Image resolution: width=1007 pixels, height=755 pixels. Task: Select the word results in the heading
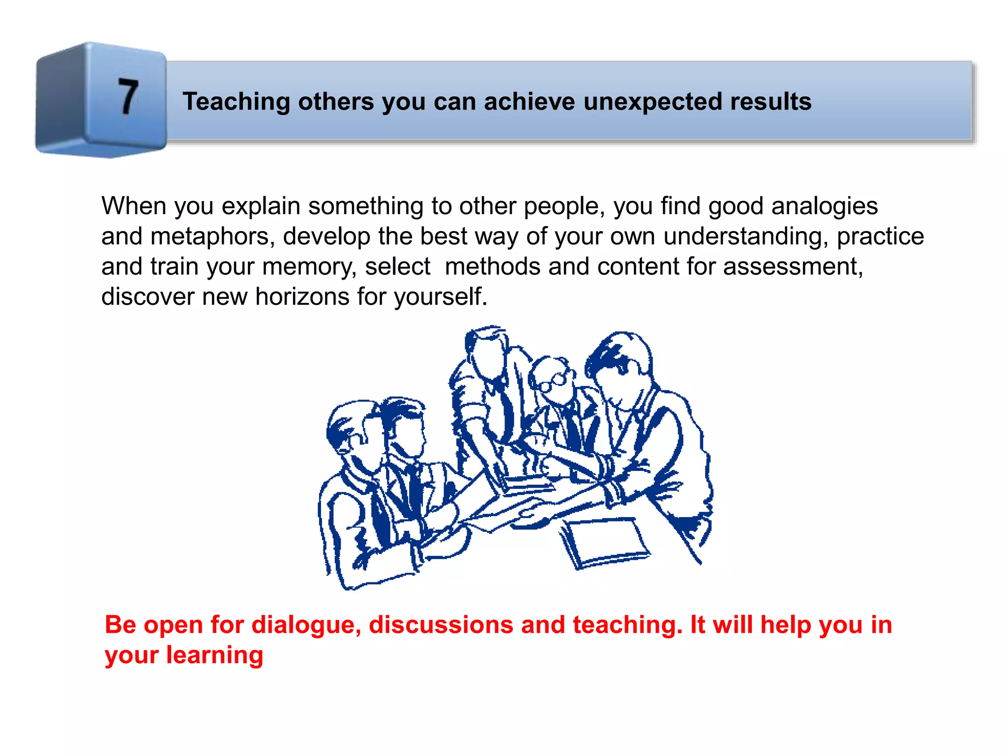click(770, 102)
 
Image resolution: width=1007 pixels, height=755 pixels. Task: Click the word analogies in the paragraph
click(824, 206)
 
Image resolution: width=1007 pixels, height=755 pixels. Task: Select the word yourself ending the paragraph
click(441, 297)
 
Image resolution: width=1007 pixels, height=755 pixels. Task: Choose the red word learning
click(214, 655)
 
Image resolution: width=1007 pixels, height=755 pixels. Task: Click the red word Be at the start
click(120, 625)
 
